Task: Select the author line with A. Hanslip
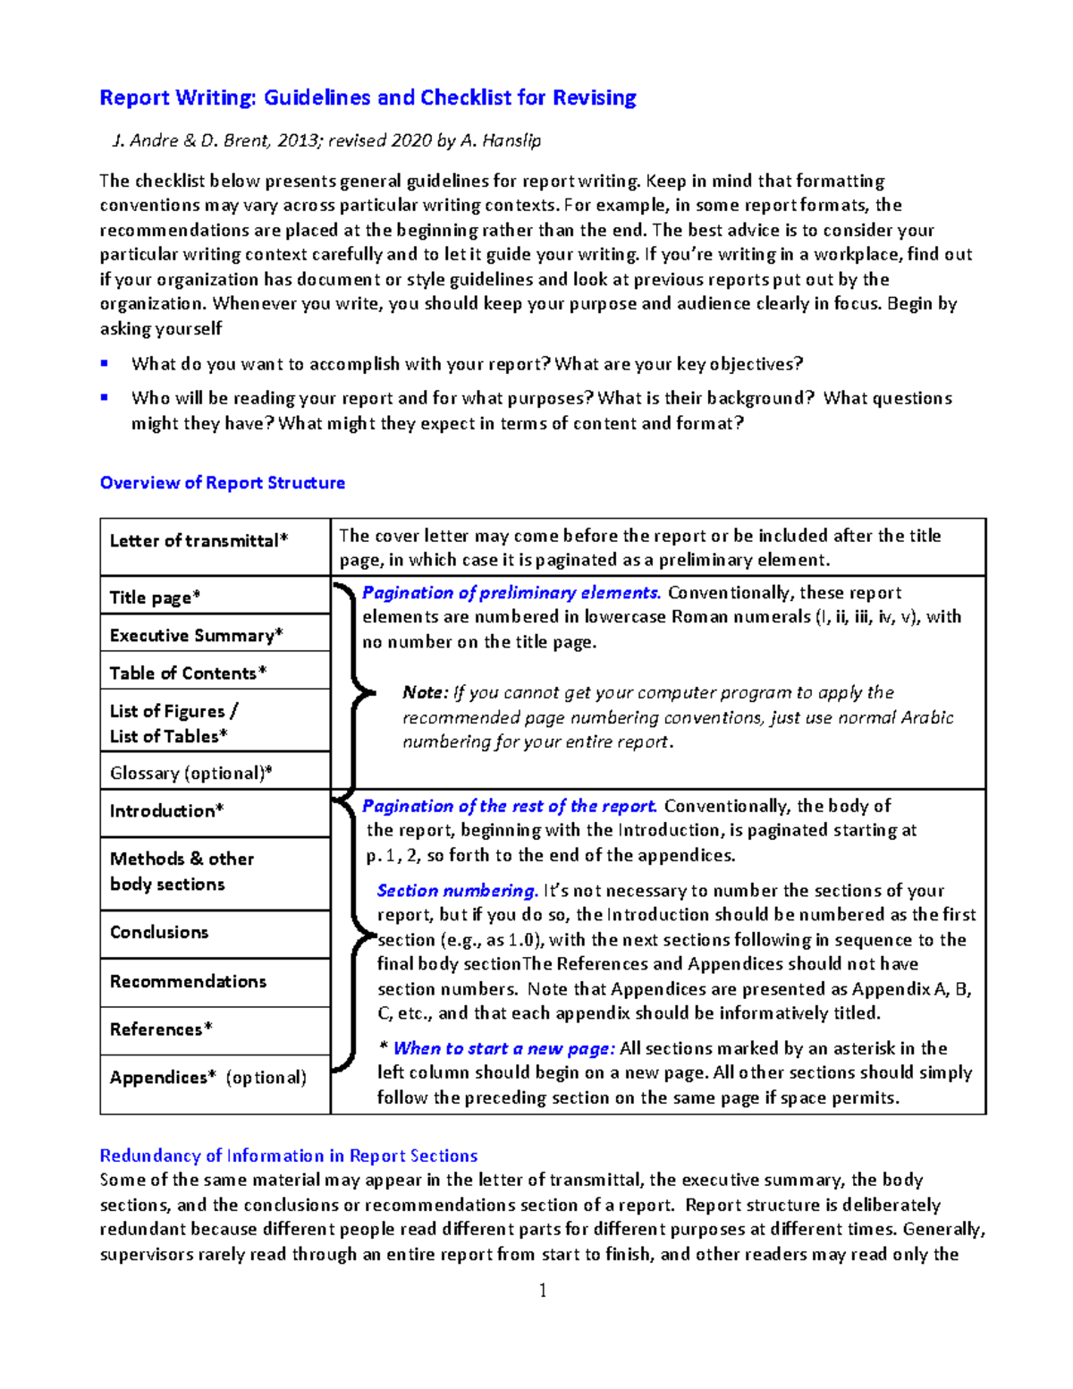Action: click(x=325, y=140)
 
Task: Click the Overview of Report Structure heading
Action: click(x=222, y=483)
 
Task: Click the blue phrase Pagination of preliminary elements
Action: click(x=511, y=593)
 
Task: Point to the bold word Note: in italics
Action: click(x=425, y=693)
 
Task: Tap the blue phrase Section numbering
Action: click(x=457, y=891)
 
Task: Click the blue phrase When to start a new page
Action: click(x=503, y=1048)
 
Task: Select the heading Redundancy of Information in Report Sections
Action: click(x=288, y=1156)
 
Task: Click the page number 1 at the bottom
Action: click(x=542, y=1290)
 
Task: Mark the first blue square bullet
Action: click(x=105, y=363)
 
